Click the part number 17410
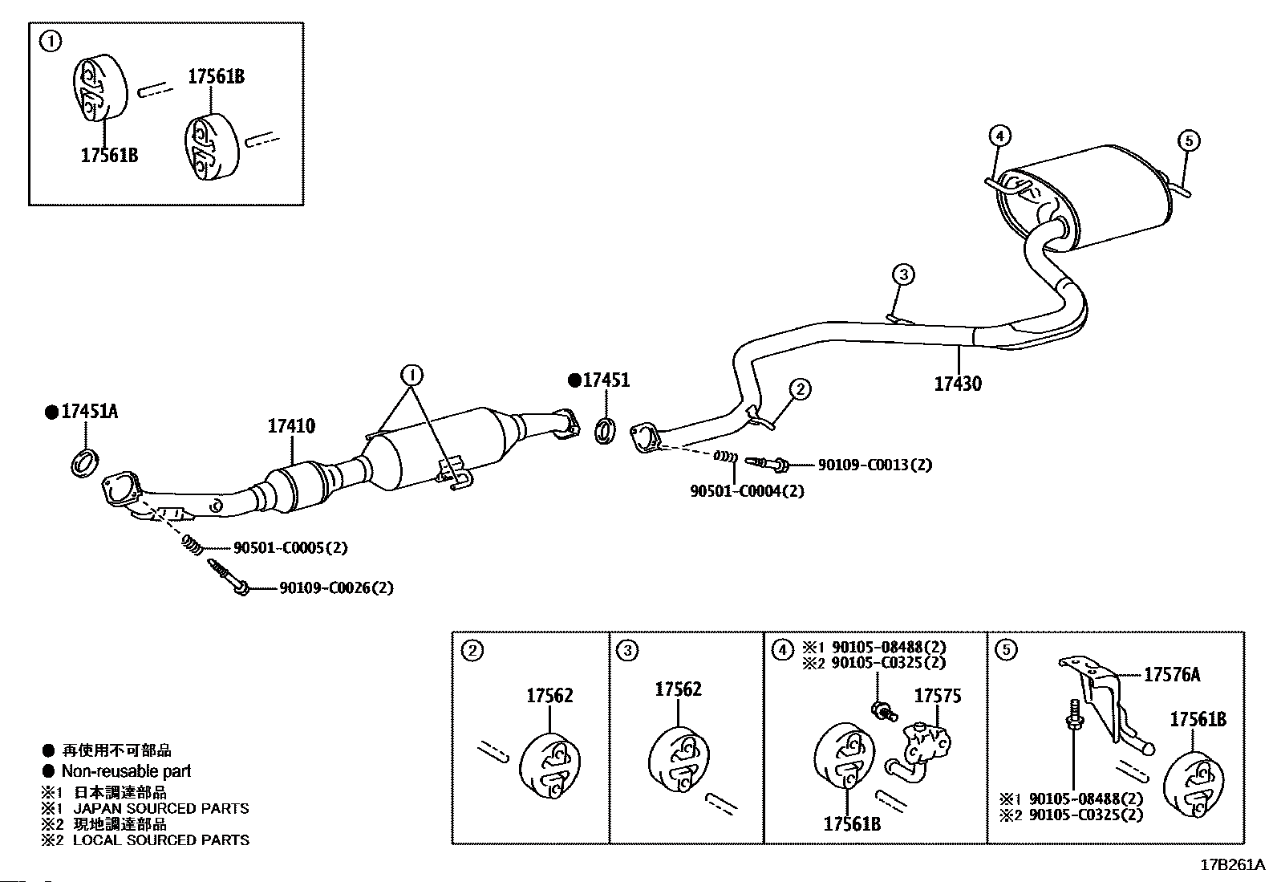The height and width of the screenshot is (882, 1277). coord(291,426)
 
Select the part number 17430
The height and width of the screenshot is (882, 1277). coord(958,384)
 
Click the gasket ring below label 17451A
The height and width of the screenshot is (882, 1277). coord(85,463)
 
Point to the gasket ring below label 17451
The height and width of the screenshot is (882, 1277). coord(605,431)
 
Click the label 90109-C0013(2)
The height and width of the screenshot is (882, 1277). coord(875,465)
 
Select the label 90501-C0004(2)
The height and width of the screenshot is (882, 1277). coord(747,490)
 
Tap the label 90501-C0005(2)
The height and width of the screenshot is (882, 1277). coord(290,547)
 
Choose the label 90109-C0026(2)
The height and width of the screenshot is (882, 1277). coord(336,587)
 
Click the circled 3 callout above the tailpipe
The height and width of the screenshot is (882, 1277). coord(903,274)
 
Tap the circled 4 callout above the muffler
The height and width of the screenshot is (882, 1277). coord(1000,136)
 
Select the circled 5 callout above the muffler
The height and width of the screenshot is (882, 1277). coord(1189,140)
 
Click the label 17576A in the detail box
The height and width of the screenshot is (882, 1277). coord(1172,675)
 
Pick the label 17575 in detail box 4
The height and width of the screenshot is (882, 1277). coord(938,696)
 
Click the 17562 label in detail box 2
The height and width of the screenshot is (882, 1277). coord(549,696)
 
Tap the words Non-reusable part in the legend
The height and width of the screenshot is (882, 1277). coord(126,771)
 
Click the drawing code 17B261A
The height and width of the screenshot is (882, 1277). coord(1233,865)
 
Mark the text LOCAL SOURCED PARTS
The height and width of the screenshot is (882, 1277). coord(161,839)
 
